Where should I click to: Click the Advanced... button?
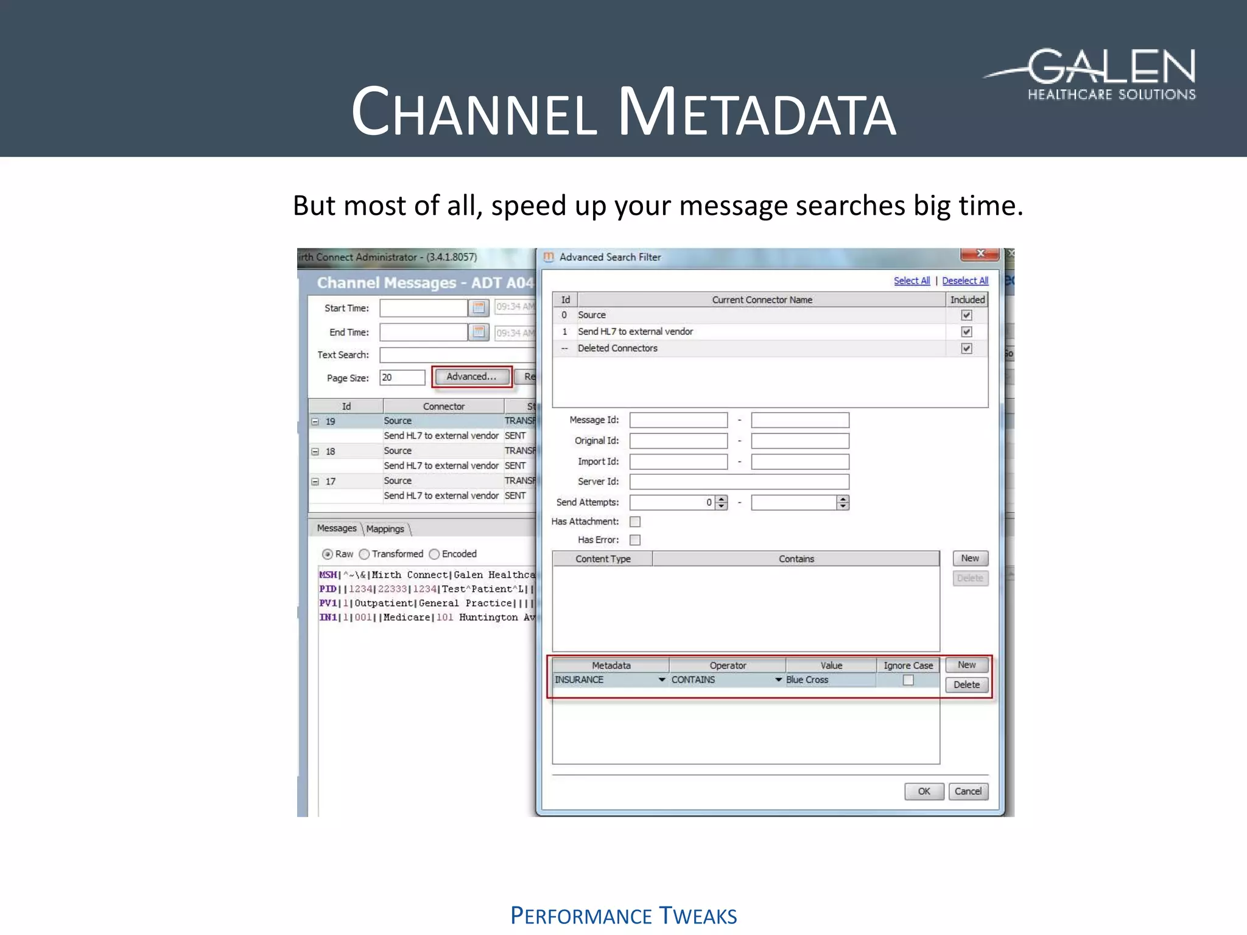pyautogui.click(x=471, y=377)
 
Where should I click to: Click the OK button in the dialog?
pyautogui.click(x=924, y=791)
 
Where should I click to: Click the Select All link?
pyautogui.click(x=912, y=281)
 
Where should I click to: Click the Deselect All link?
pyautogui.click(x=964, y=281)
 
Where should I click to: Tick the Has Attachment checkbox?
pyautogui.click(x=635, y=522)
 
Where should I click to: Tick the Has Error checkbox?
pyautogui.click(x=635, y=540)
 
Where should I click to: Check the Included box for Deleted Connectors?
pyautogui.click(x=966, y=348)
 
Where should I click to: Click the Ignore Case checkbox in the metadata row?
pyautogui.click(x=908, y=680)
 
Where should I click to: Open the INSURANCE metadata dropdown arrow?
pyautogui.click(x=662, y=680)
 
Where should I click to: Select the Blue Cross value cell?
pyautogui.click(x=829, y=680)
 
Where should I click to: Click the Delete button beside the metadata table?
pyautogui.click(x=966, y=685)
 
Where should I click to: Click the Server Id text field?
pyautogui.click(x=739, y=482)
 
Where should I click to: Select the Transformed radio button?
pyautogui.click(x=365, y=554)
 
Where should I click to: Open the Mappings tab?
pyautogui.click(x=385, y=529)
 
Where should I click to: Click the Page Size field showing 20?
pyautogui.click(x=402, y=377)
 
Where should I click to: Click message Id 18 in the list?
pyautogui.click(x=331, y=452)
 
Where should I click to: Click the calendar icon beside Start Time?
pyautogui.click(x=479, y=307)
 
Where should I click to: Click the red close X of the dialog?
pyautogui.click(x=980, y=254)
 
